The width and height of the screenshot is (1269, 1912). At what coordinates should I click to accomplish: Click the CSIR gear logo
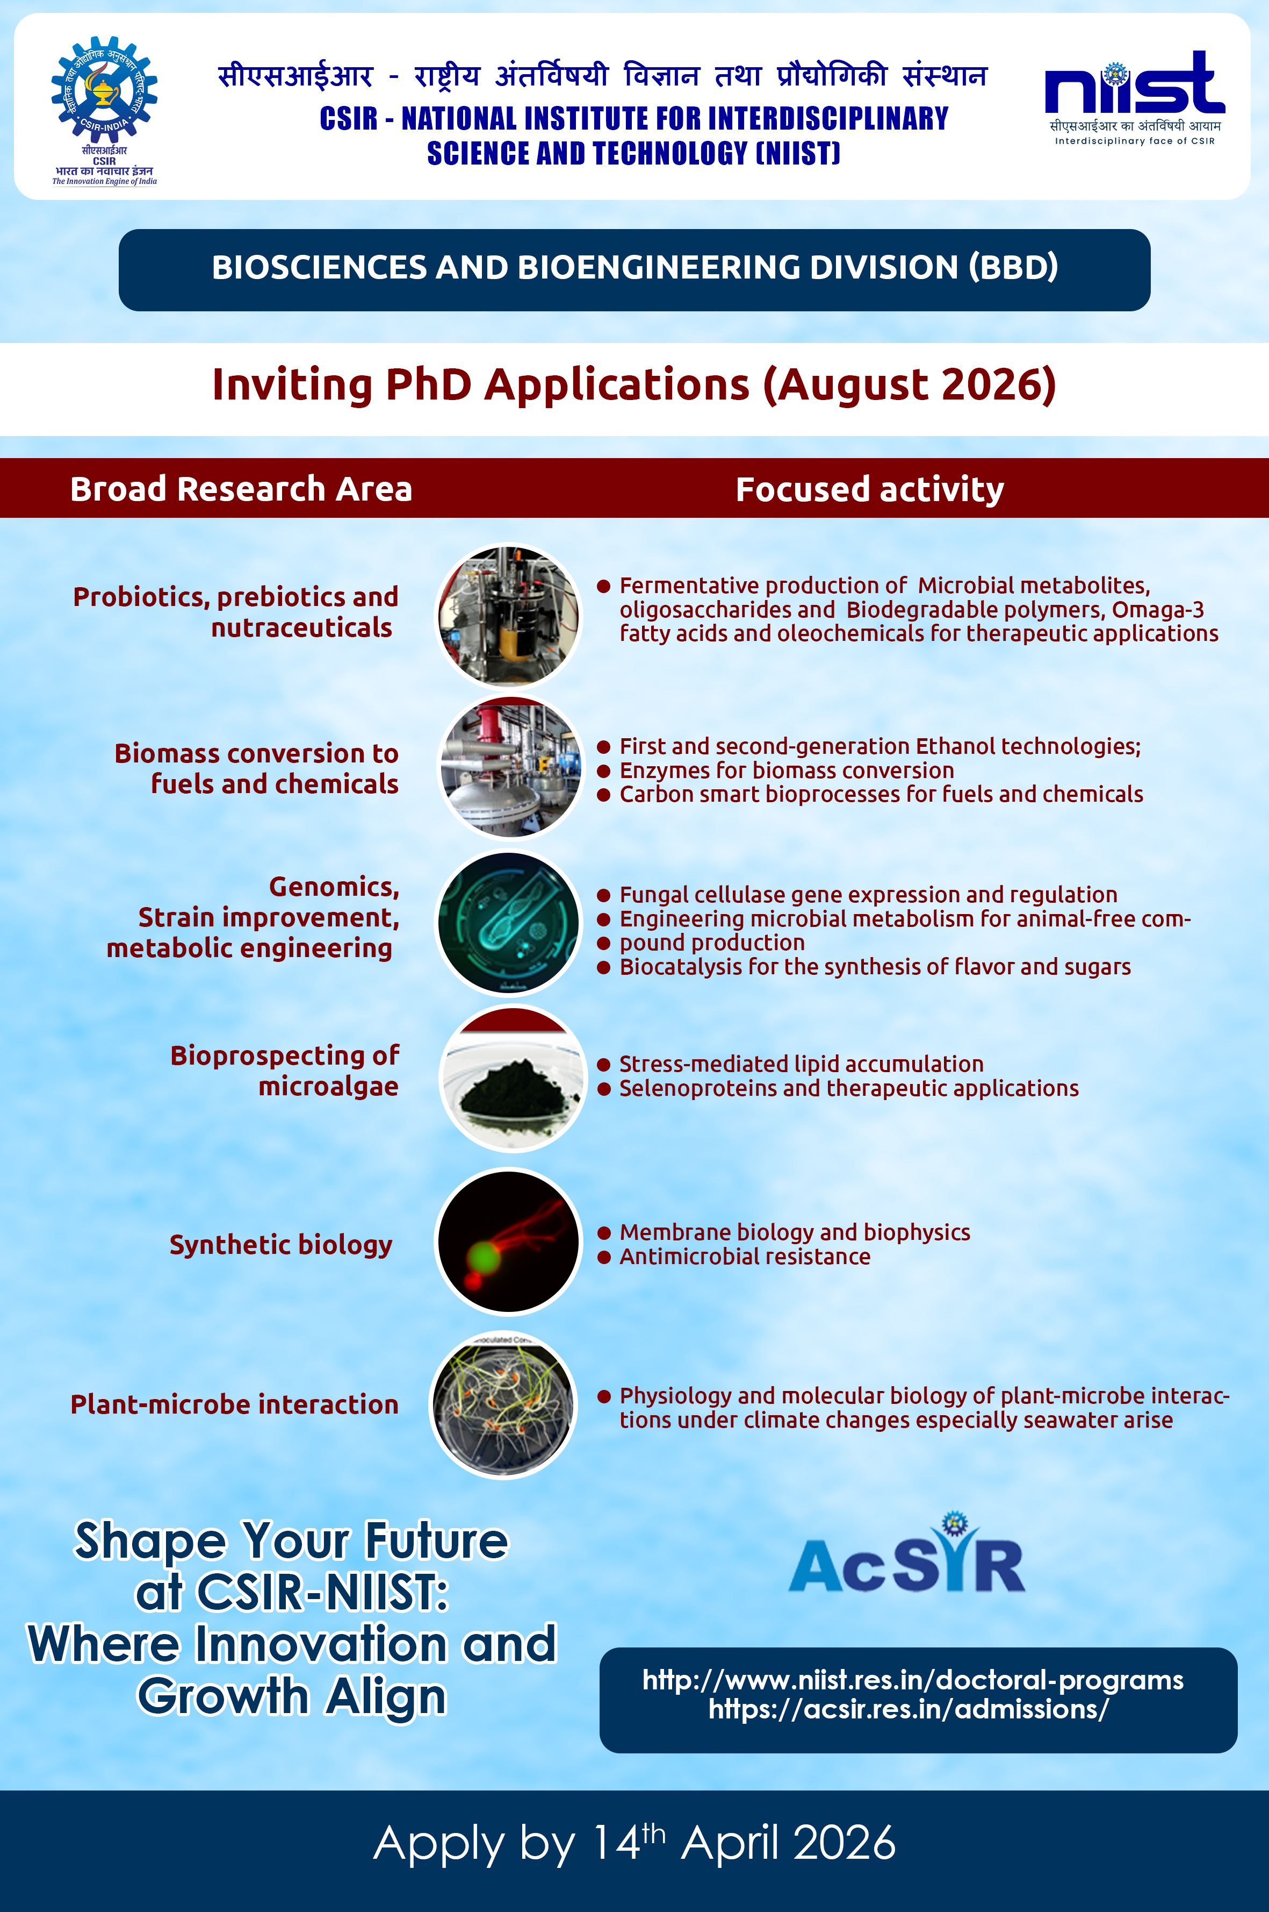pos(104,89)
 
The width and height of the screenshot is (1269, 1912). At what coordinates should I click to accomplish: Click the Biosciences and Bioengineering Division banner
pos(634,270)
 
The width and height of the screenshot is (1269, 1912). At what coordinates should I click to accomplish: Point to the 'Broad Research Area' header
pos(241,489)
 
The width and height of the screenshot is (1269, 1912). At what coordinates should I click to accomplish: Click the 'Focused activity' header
pos(870,489)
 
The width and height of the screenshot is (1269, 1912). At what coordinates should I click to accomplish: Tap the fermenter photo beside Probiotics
pos(509,616)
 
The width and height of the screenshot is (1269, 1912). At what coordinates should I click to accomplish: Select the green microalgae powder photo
pos(511,1079)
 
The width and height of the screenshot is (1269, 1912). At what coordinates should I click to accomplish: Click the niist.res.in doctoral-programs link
pos(913,1680)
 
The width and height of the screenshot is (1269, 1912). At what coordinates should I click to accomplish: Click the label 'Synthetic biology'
pos(281,1245)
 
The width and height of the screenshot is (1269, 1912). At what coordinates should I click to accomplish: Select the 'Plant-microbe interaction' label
pos(235,1404)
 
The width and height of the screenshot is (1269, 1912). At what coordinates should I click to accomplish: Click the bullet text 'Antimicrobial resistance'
pos(745,1257)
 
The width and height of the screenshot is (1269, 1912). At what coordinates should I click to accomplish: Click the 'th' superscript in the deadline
pos(654,1832)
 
